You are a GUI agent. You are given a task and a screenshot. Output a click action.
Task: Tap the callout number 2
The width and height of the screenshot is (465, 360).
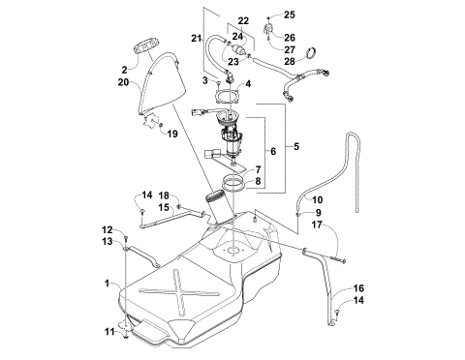124,70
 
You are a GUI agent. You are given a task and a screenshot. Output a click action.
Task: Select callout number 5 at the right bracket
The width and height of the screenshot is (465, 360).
297,146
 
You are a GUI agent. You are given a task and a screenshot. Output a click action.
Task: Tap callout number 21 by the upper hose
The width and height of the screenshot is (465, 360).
195,38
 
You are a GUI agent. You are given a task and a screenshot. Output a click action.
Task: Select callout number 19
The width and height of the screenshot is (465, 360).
173,133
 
